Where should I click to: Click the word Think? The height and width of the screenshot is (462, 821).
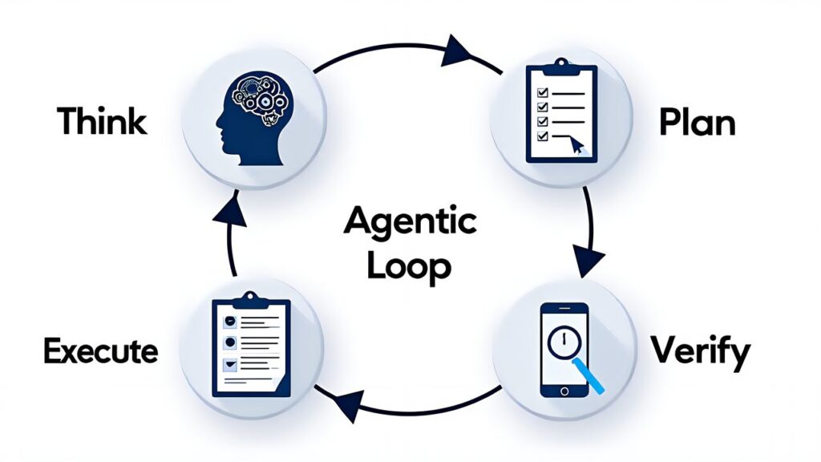(x=102, y=122)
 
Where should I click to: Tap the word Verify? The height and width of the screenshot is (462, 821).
(x=700, y=351)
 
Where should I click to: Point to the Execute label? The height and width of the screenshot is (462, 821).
(x=101, y=351)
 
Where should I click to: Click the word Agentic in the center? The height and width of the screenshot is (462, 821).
(x=410, y=221)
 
